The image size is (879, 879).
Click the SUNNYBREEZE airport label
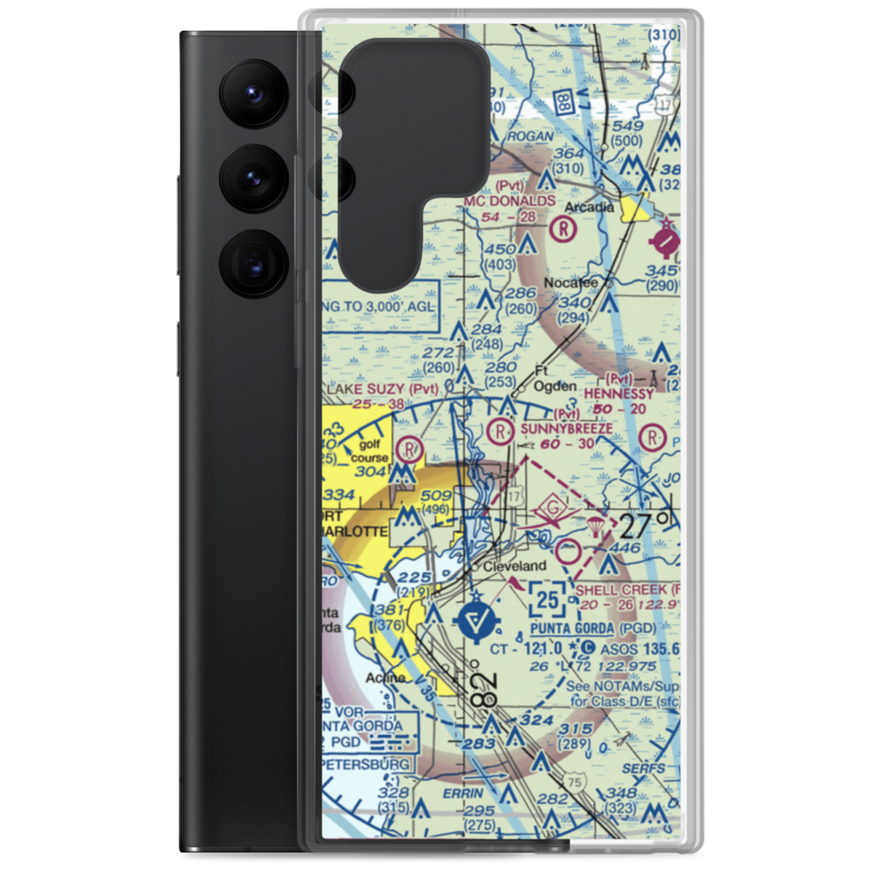(x=566, y=428)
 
